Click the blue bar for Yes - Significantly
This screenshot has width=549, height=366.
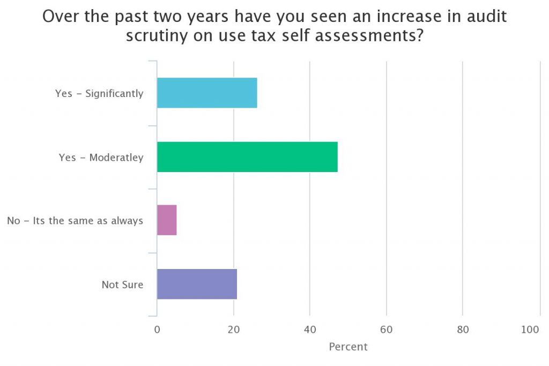207,93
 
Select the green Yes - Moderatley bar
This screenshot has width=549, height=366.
247,157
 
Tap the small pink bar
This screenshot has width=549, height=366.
167,220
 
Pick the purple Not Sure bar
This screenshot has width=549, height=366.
197,284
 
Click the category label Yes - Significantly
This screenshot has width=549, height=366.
99,94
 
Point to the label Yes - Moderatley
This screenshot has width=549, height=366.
101,158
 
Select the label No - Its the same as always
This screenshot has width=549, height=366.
75,221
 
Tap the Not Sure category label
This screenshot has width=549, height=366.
122,285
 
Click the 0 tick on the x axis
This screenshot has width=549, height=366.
157,330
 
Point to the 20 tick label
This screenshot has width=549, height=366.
234,330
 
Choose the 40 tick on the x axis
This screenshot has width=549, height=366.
310,330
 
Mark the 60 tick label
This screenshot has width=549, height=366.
387,330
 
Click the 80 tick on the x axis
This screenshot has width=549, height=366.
463,330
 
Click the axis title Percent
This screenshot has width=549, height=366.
348,347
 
